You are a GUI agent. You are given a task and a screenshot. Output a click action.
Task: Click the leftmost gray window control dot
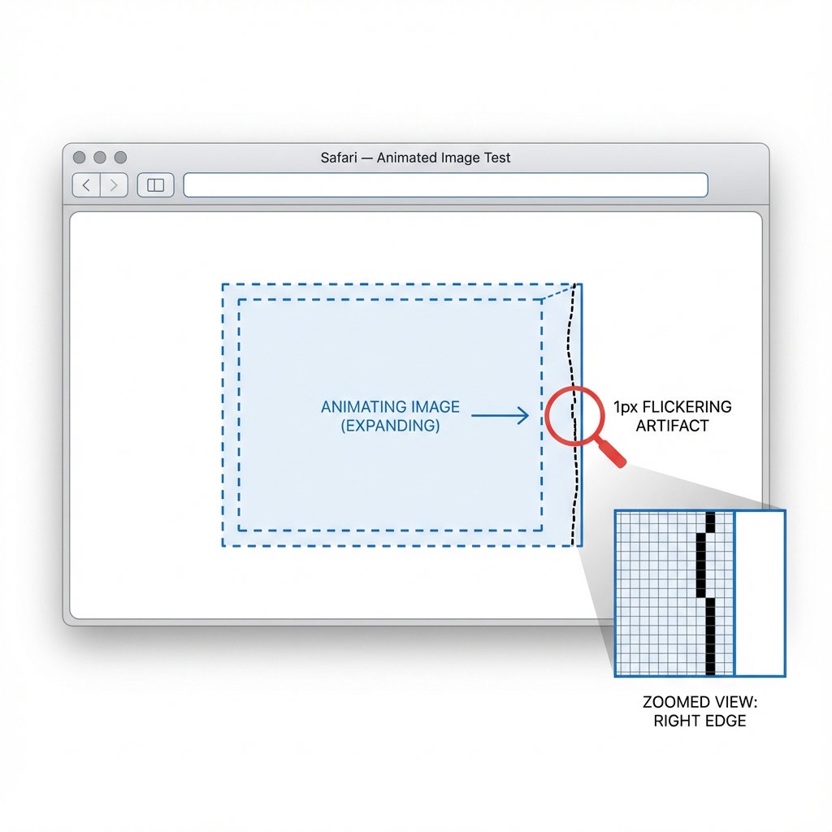(79, 157)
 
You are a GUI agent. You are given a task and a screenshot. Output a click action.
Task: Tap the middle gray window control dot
(100, 157)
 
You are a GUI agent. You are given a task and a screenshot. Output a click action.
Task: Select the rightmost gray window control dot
(120, 157)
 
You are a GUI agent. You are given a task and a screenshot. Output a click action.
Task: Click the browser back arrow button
(87, 185)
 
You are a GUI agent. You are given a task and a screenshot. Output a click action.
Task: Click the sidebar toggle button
(155, 185)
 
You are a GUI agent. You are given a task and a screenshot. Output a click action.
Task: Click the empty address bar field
(445, 185)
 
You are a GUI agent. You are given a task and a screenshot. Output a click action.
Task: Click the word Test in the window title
(496, 158)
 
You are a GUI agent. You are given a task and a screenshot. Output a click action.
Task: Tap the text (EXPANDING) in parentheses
(390, 426)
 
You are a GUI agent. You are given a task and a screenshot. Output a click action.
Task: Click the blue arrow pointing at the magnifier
(500, 416)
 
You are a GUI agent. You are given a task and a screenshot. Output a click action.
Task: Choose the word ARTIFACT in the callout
(672, 426)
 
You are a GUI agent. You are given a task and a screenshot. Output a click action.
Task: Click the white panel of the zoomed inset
(760, 593)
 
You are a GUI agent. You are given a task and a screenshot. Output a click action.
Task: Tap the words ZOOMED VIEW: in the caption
(700, 702)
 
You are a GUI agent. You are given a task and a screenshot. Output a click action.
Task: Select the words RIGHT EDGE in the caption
(700, 721)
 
